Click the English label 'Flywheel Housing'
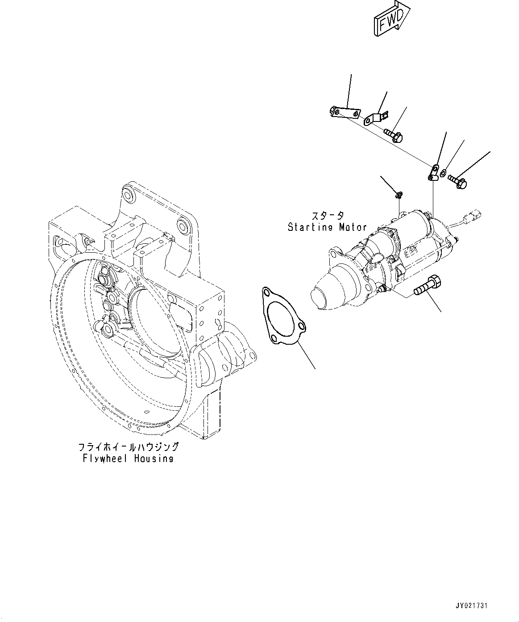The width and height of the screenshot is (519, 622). click(128, 459)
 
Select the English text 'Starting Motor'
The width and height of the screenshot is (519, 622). click(327, 227)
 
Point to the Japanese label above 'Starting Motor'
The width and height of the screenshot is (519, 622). click(328, 216)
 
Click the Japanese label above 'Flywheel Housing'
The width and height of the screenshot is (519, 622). click(128, 447)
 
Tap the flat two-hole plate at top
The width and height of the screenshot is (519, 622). click(344, 112)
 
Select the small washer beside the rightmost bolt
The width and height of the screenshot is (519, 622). click(443, 173)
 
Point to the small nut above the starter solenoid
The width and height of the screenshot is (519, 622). click(398, 194)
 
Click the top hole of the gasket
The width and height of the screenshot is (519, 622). click(267, 293)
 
